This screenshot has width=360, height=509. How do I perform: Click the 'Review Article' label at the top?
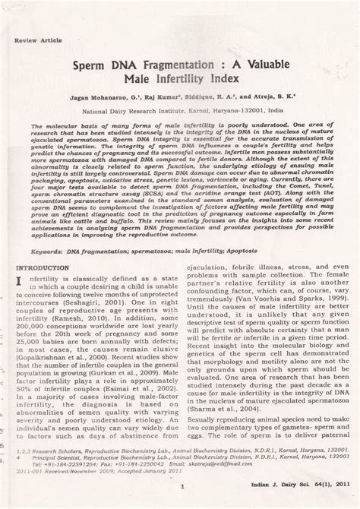click(34, 37)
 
